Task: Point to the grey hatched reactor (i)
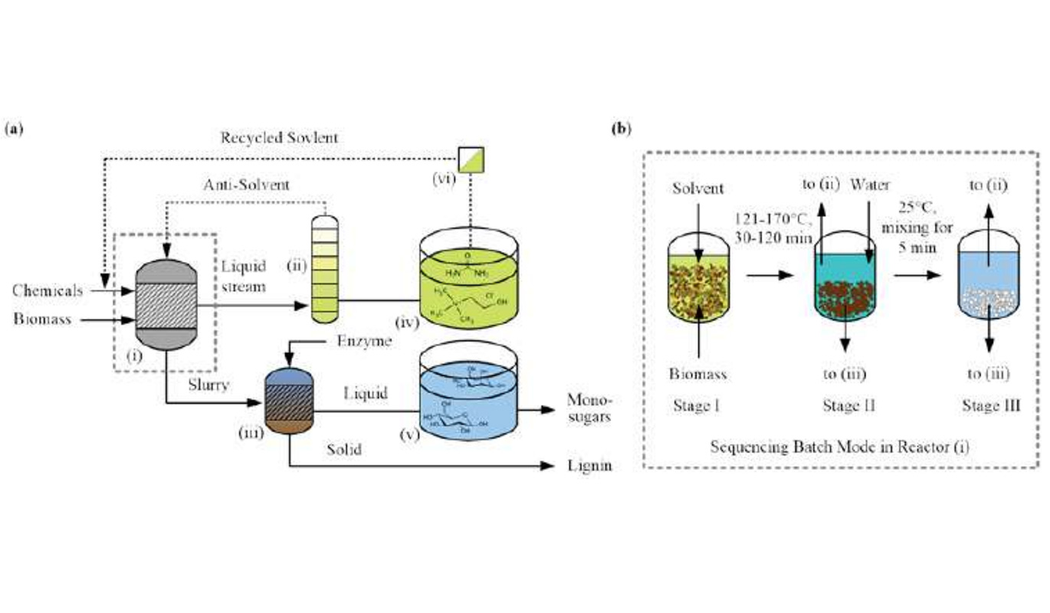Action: [x=166, y=306]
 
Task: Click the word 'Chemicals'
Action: [x=48, y=290]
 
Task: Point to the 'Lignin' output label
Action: [x=589, y=465]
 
